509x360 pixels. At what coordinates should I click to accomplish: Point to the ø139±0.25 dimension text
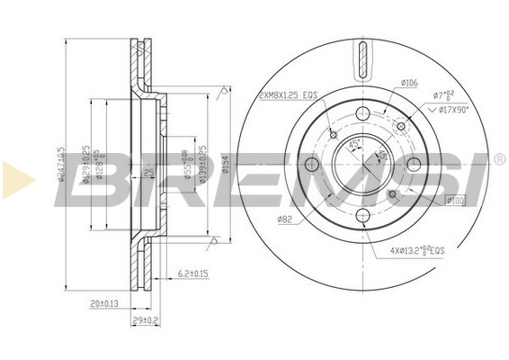coord(203,163)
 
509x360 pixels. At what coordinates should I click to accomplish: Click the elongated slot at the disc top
coord(362,60)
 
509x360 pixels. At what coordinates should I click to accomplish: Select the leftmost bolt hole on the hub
coord(312,165)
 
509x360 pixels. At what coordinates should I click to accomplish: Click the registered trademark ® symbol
coord(499,159)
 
